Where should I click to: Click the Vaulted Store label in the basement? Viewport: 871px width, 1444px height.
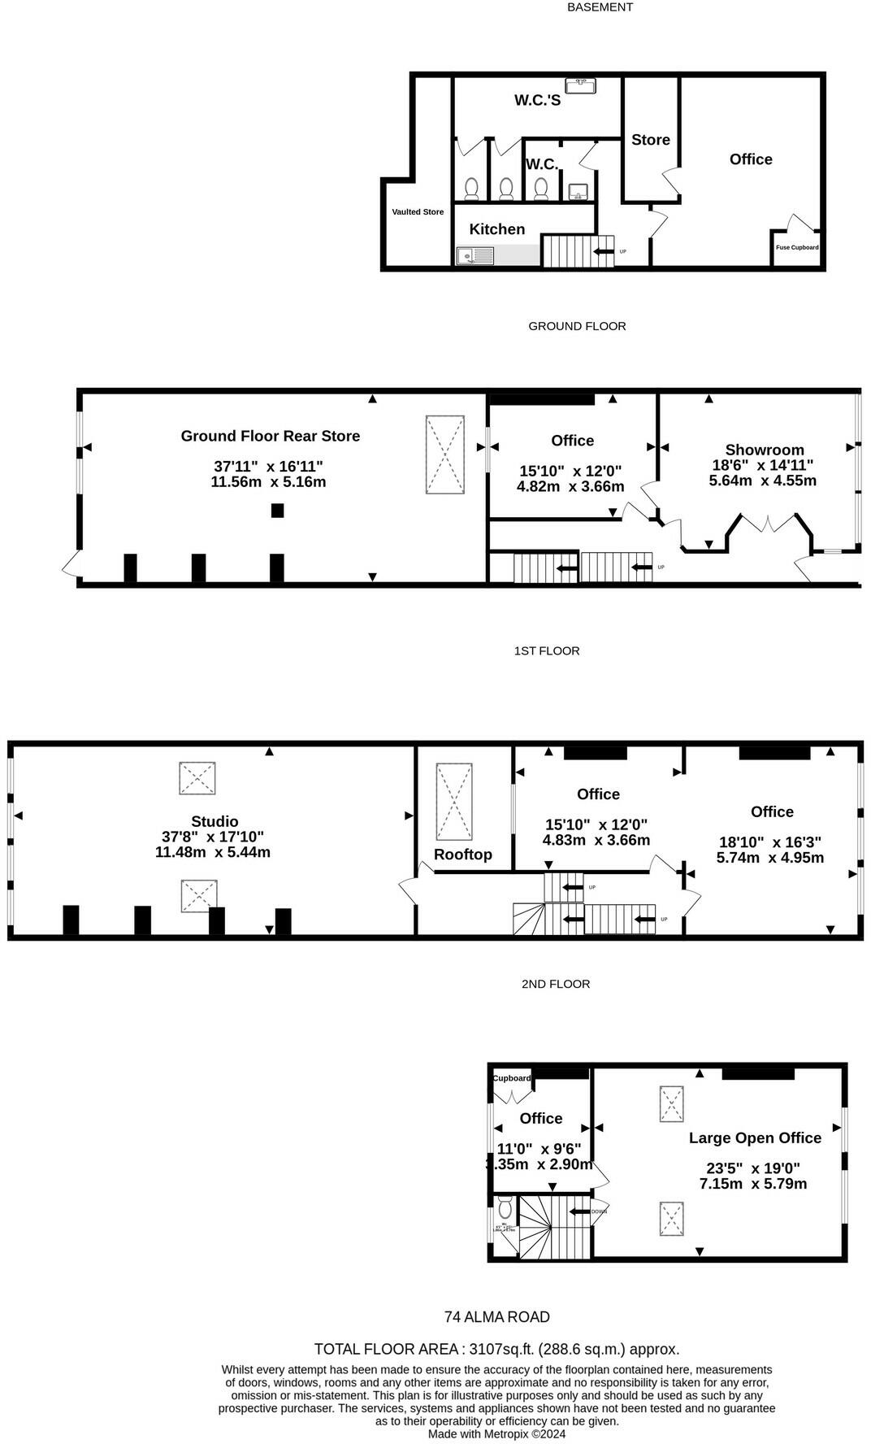pyautogui.click(x=418, y=212)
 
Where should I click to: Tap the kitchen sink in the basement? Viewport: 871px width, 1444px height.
pyautogui.click(x=474, y=256)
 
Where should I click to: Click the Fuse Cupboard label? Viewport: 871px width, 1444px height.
pyautogui.click(x=796, y=247)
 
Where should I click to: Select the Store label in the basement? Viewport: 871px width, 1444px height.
pyautogui.click(x=651, y=140)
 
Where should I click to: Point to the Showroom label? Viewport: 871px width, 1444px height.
pyautogui.click(x=764, y=450)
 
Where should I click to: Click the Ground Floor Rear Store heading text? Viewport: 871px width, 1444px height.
pyautogui.click(x=270, y=436)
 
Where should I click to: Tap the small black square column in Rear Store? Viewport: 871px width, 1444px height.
pyautogui.click(x=277, y=511)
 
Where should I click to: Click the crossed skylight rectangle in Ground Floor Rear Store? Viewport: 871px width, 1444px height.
pyautogui.click(x=445, y=455)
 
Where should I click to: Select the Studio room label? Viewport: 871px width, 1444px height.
pyautogui.click(x=214, y=821)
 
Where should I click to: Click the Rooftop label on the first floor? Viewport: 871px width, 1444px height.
pyautogui.click(x=462, y=855)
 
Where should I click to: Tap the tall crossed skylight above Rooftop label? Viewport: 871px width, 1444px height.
pyautogui.click(x=454, y=802)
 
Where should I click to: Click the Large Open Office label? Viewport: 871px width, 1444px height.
pyautogui.click(x=755, y=1138)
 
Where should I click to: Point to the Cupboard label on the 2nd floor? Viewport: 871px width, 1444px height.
pyautogui.click(x=512, y=1078)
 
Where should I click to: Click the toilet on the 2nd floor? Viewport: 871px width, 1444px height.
pyautogui.click(x=505, y=1205)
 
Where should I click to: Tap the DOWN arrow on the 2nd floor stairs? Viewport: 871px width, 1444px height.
pyautogui.click(x=581, y=1211)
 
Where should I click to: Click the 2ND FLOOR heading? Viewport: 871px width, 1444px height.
pyautogui.click(x=555, y=984)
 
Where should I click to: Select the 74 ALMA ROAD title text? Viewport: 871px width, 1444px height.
pyautogui.click(x=496, y=1317)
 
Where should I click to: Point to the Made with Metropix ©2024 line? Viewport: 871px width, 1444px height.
pyautogui.click(x=496, y=1434)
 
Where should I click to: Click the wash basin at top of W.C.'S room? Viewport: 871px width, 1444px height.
pyautogui.click(x=580, y=84)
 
